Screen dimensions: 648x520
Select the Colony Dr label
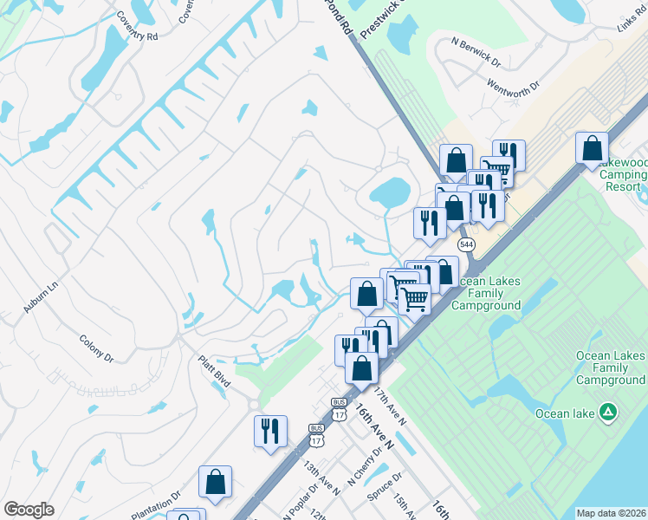(x=96, y=348)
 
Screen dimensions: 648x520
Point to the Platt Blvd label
(x=213, y=369)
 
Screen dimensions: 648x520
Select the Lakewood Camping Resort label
(x=623, y=174)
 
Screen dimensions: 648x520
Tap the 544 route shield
(x=467, y=245)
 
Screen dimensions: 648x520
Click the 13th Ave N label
(x=321, y=478)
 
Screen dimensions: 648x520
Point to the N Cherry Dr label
(x=366, y=468)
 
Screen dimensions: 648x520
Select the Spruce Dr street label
(x=386, y=482)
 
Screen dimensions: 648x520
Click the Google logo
(x=29, y=510)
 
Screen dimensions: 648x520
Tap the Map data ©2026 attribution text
(x=612, y=513)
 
